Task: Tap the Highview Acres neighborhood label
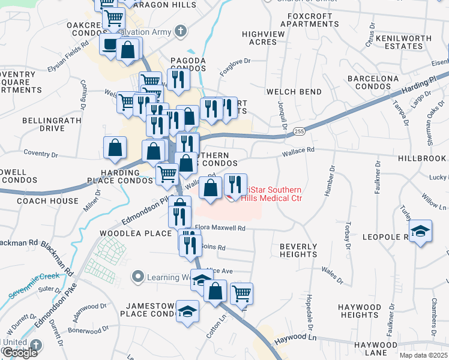pyautogui.click(x=264, y=38)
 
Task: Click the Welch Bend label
pyautogui.click(x=294, y=92)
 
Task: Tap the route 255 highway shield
pyautogui.click(x=299, y=131)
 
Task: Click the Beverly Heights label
pyautogui.click(x=298, y=250)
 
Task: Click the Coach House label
pyautogui.click(x=47, y=201)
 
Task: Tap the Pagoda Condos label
pyautogui.click(x=188, y=65)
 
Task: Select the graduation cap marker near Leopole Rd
pyautogui.click(x=421, y=232)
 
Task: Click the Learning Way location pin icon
pyautogui.click(x=139, y=277)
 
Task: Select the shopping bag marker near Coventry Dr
pyautogui.click(x=115, y=148)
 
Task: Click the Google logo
pyautogui.click(x=19, y=353)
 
